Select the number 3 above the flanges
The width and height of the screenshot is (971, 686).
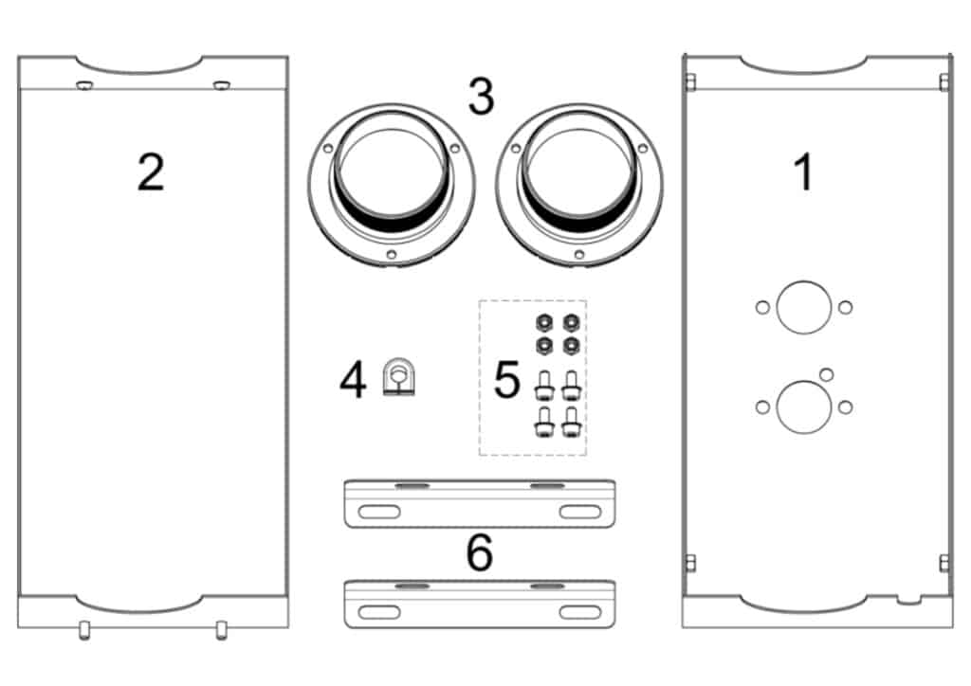pyautogui.click(x=481, y=96)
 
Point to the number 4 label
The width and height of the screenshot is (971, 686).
pyautogui.click(x=353, y=380)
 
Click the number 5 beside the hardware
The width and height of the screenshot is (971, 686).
pyautogui.click(x=506, y=379)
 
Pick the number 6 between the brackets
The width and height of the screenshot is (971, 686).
pyautogui.click(x=480, y=552)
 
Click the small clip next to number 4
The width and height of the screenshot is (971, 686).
pyautogui.click(x=399, y=376)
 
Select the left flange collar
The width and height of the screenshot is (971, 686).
pyautogui.click(x=392, y=186)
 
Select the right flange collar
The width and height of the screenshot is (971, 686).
pyautogui.click(x=579, y=186)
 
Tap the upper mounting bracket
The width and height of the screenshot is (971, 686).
pyautogui.click(x=480, y=503)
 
